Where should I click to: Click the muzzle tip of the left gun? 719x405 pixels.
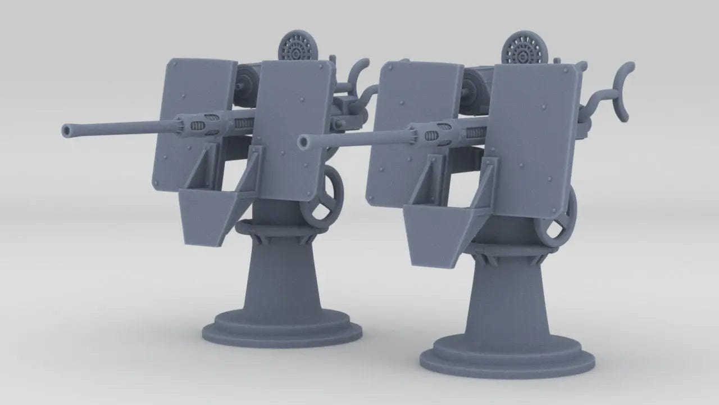[x=66, y=130]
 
